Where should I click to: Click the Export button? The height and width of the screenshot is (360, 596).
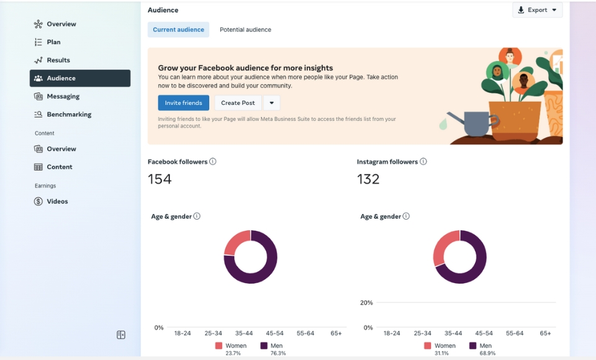[537, 10]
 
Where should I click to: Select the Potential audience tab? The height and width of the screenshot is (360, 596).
[245, 30]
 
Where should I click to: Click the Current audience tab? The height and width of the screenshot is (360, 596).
[178, 30]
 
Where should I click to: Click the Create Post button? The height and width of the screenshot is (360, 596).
[238, 103]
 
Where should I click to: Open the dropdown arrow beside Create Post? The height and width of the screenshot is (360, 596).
[271, 103]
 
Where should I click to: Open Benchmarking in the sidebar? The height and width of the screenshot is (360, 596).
[69, 114]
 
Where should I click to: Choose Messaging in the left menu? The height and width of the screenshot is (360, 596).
[63, 96]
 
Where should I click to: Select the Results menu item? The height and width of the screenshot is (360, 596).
[58, 60]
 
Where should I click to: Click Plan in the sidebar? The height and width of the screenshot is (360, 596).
[53, 42]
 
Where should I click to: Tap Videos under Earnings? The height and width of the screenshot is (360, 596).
[57, 201]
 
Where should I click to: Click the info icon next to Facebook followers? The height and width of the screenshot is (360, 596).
[213, 161]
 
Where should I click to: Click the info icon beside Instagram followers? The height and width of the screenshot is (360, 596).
[423, 161]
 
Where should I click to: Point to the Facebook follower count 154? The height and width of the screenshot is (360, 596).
[160, 179]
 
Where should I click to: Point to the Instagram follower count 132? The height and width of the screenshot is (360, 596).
[368, 179]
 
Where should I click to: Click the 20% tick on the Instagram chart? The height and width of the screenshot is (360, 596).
[366, 303]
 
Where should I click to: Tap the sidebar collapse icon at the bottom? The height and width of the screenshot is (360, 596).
[121, 335]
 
